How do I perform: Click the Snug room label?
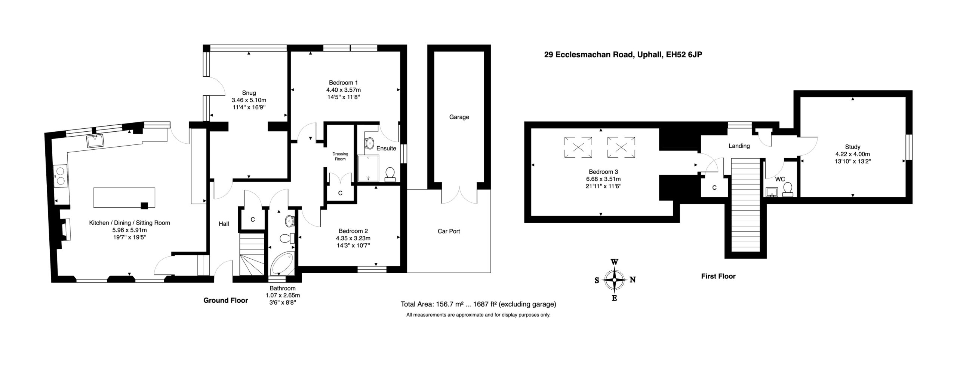pos(249,93)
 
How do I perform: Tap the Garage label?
pos(459,117)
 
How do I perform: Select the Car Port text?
pos(449,231)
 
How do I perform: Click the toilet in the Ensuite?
pos(390,174)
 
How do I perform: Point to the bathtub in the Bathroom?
pos(282,264)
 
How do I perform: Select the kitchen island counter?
pos(124,198)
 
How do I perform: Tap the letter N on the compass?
pos(633,280)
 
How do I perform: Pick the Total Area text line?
pos(478,304)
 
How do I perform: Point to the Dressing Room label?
pos(340,156)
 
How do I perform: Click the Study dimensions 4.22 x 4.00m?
pos(853,154)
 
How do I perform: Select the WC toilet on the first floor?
pos(788,189)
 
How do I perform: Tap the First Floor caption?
pos(718,277)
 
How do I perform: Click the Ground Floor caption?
pos(225,300)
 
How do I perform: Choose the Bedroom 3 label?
pos(603,172)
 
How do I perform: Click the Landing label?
pos(739,146)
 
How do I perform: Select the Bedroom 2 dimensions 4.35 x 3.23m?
pos(353,238)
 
